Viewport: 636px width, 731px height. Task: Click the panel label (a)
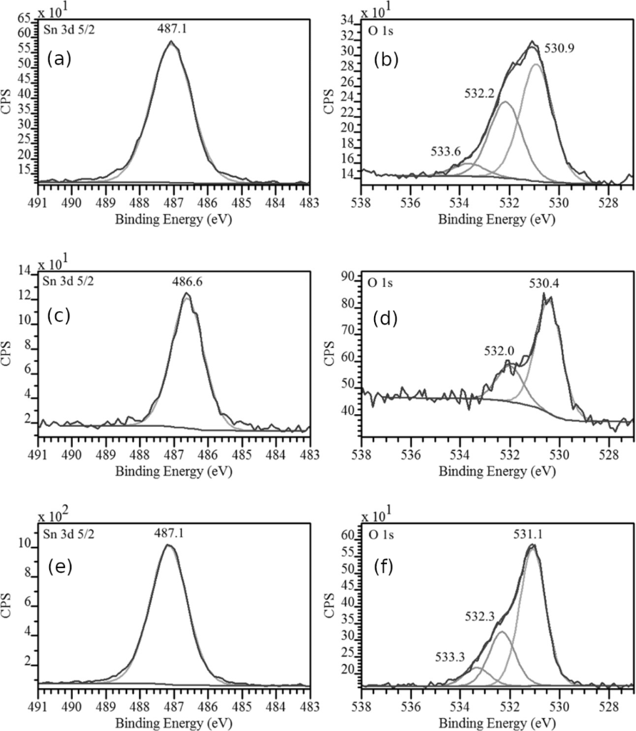(59, 60)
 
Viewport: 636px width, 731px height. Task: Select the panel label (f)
(385, 569)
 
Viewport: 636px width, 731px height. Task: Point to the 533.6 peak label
(446, 152)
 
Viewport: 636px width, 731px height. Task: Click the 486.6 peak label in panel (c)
(187, 282)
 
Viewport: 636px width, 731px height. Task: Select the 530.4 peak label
(544, 284)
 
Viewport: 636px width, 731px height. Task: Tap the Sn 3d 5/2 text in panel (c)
(67, 281)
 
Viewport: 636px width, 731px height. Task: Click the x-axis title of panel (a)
(173, 218)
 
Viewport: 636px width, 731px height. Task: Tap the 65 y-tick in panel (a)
(24, 16)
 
